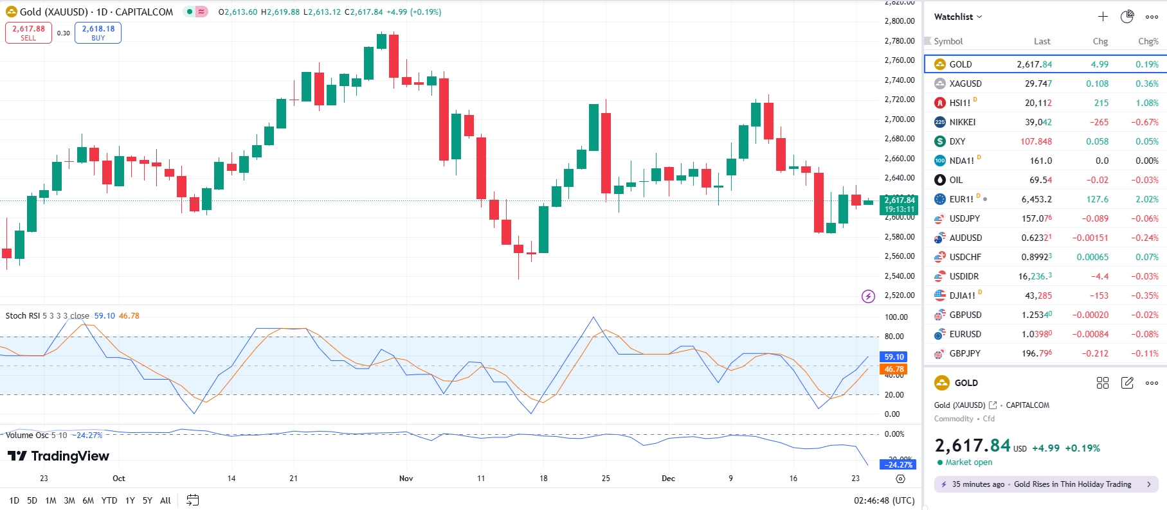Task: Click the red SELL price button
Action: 28,33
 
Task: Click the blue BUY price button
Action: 98,33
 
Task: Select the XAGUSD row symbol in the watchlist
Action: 965,84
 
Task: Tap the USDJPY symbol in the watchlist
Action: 964,218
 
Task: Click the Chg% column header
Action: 1148,41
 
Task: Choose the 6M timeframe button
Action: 88,500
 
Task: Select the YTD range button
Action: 109,500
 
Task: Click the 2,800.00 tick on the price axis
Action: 899,21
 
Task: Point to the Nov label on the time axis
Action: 406,479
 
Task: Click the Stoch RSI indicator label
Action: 23,315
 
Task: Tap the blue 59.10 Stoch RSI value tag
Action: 894,356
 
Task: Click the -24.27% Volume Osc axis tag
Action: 898,464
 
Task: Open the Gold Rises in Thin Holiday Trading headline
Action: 1072,484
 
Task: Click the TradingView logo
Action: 59,456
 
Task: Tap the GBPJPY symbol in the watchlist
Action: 964,353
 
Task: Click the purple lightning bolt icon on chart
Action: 868,296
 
